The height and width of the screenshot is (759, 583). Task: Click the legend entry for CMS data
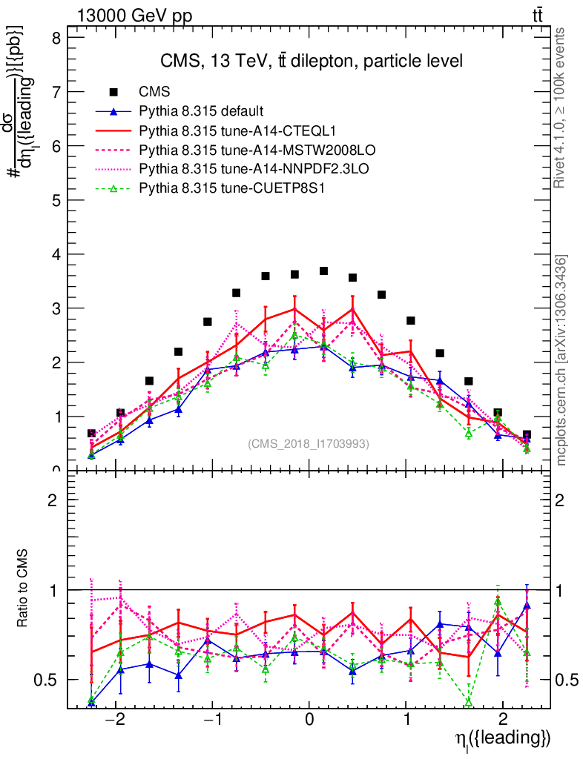[154, 92]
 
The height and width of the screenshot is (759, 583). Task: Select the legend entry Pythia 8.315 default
[201, 111]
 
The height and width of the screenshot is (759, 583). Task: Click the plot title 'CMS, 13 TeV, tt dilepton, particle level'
[312, 61]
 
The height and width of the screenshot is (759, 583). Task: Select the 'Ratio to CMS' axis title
[23, 589]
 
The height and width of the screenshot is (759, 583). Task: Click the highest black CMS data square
[323, 271]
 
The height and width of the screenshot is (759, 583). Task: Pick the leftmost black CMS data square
[91, 434]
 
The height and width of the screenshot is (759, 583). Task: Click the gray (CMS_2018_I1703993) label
[308, 443]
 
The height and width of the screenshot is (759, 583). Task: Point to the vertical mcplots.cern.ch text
[562, 360]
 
